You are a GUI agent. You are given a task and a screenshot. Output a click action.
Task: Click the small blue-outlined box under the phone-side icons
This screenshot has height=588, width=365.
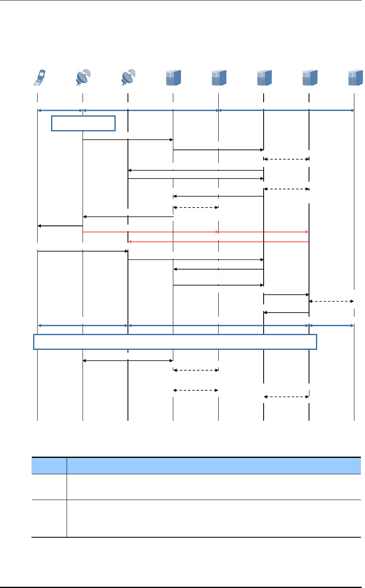[x=83, y=123]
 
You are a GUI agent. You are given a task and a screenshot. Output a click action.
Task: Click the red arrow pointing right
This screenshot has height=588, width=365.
[x=195, y=232]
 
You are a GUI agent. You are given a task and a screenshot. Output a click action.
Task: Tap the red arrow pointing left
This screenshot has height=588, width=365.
[x=218, y=242]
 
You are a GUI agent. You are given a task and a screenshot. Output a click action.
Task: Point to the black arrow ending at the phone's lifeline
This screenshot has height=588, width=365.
[x=60, y=225]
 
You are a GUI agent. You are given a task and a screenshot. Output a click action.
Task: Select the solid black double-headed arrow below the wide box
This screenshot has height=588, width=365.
[x=128, y=360]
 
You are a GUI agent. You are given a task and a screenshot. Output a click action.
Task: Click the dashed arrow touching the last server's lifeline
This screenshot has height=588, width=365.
[x=331, y=301]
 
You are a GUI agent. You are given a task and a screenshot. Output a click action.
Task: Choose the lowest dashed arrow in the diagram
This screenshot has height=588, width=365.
[x=286, y=397]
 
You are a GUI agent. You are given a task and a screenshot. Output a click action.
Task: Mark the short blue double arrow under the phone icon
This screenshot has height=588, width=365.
[x=60, y=110]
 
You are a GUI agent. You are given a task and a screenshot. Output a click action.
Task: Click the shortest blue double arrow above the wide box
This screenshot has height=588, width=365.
[x=331, y=325]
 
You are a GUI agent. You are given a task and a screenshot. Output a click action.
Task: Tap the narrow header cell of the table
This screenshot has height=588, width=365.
[x=49, y=465]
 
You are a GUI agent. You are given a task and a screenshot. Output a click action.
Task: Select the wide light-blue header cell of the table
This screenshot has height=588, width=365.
[x=214, y=465]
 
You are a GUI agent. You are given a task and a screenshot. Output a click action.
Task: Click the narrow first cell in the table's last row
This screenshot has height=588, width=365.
[x=49, y=518]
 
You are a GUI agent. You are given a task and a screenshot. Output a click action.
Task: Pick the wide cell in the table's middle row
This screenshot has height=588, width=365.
[x=214, y=487]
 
